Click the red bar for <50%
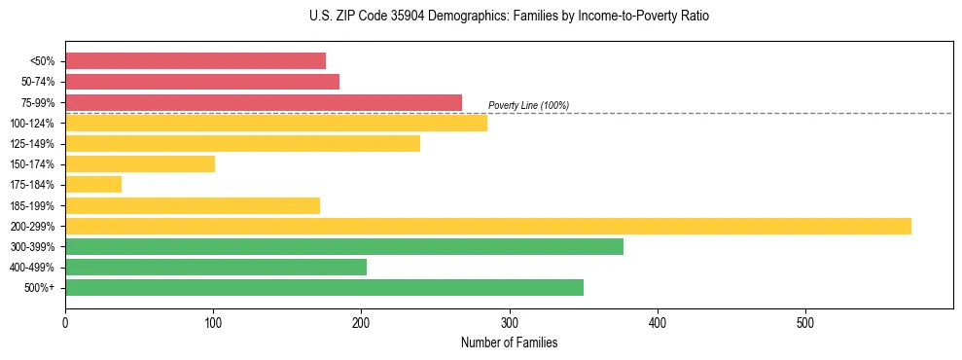pos(196,60)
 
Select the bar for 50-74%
pos(202,82)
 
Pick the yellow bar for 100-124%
pos(276,123)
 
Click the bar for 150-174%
pos(140,163)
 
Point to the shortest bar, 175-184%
pos(93,184)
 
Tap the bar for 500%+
pos(324,287)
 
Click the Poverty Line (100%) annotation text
pos(528,105)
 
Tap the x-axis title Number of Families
pos(509,342)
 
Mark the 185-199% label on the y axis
pos(32,205)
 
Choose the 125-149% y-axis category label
pos(32,143)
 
